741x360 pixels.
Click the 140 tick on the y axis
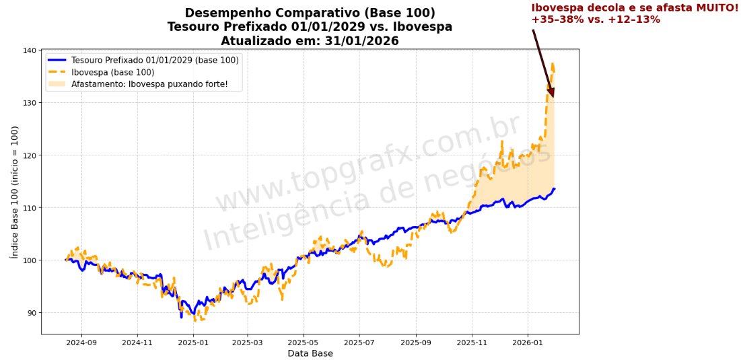tap(30, 50)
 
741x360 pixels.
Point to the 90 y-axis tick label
tap(32, 313)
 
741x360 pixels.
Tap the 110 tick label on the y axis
tap(30, 208)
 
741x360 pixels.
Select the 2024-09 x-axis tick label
tap(81, 343)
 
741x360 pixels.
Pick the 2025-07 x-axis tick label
tap(359, 343)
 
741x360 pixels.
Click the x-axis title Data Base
tap(310, 353)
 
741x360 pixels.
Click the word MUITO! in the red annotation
tap(715, 7)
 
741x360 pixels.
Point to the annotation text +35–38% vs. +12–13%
tap(596, 20)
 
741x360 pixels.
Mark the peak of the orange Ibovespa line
tap(553, 64)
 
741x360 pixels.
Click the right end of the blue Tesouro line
tap(554, 189)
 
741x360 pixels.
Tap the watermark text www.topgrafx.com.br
tap(367, 165)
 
